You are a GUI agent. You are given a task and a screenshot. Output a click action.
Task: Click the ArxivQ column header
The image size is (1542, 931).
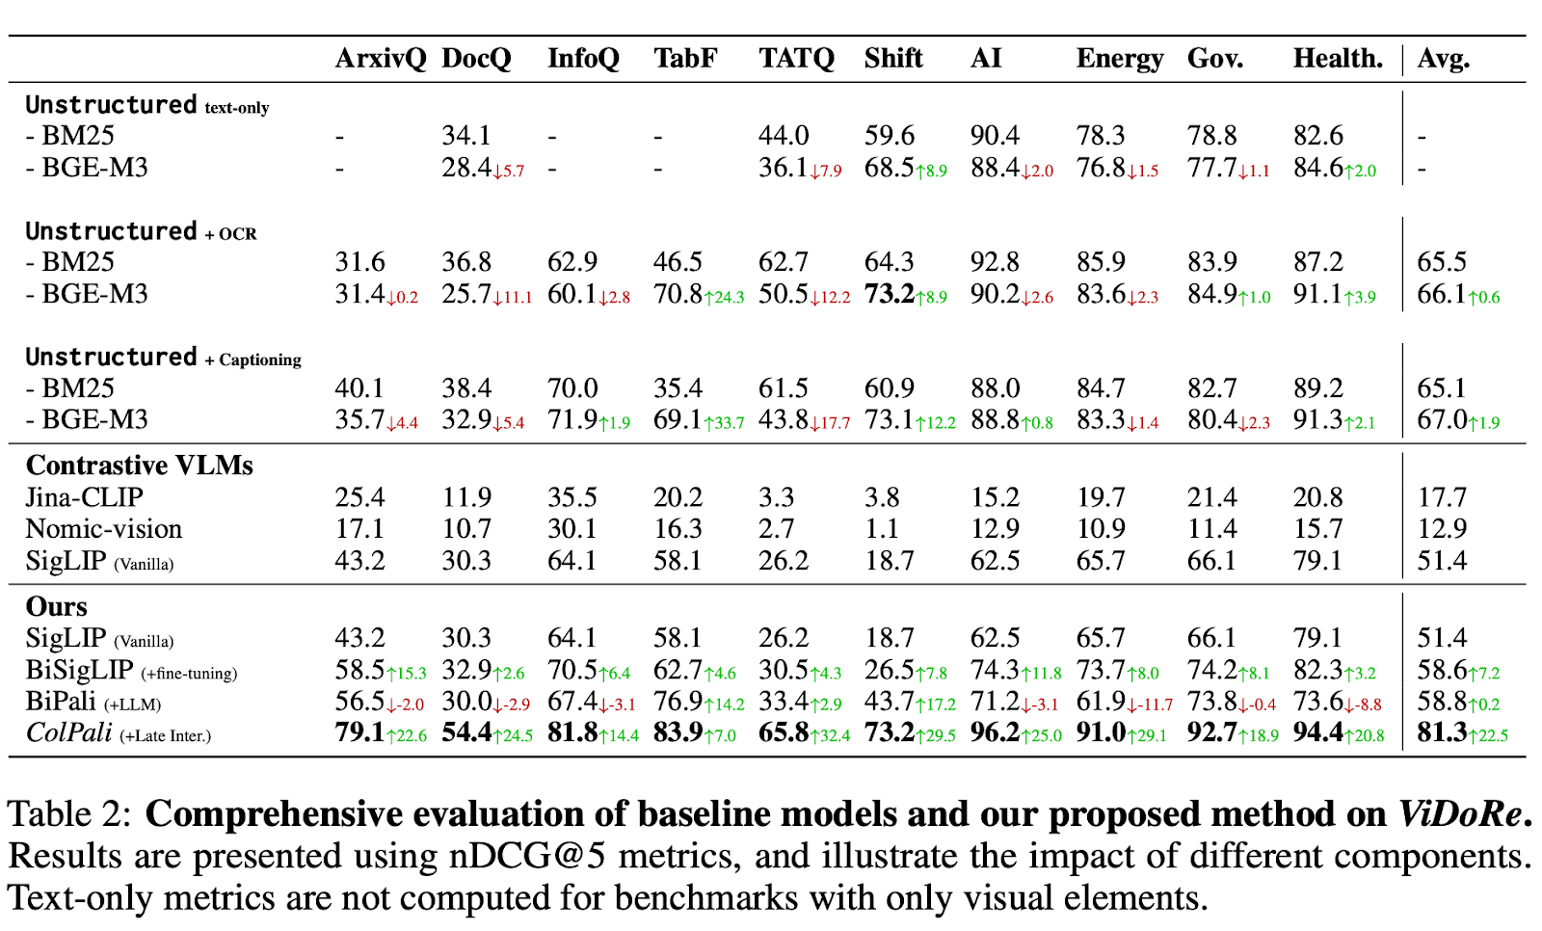tap(380, 59)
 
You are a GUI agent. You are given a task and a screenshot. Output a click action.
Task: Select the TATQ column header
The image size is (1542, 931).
tap(796, 59)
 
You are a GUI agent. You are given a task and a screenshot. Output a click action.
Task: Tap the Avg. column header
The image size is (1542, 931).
tap(1443, 59)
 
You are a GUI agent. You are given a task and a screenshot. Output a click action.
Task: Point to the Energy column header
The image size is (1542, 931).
tap(1119, 59)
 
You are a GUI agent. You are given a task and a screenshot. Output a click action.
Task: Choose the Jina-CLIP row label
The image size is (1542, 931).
tap(84, 497)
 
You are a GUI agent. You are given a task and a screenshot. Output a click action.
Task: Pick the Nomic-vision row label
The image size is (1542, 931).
tap(103, 529)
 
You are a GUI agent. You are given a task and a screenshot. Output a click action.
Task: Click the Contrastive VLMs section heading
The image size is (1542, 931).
tap(139, 465)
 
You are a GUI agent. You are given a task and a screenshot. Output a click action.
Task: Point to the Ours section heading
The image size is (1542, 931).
tap(56, 606)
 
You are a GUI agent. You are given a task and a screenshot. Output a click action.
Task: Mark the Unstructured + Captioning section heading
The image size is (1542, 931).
tap(163, 358)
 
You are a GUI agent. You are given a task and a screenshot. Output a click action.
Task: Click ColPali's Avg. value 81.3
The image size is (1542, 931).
tap(1442, 733)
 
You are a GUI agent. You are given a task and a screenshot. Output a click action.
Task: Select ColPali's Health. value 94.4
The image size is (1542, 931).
tap(1317, 733)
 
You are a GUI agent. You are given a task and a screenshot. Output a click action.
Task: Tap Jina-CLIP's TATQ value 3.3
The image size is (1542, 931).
tap(776, 497)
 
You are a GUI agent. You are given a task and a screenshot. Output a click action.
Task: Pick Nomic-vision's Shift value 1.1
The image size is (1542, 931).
tap(881, 529)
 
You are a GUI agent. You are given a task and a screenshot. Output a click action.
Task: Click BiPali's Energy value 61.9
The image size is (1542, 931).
tap(1101, 702)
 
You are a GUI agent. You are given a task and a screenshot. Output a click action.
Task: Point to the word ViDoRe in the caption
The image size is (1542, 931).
tap(1460, 815)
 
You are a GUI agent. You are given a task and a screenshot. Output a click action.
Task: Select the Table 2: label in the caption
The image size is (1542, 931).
tap(68, 815)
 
